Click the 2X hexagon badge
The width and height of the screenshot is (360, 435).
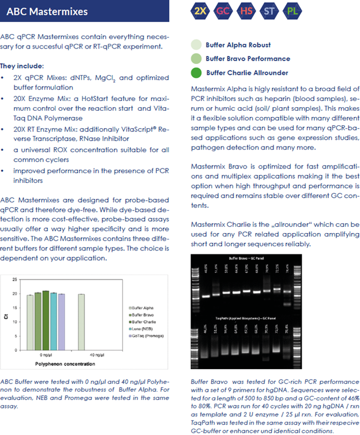coord(201,10)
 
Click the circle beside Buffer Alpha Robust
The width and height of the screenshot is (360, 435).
coord(196,45)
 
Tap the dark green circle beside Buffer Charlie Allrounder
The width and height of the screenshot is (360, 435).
coord(196,73)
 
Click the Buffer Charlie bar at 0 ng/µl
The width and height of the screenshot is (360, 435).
coord(46,321)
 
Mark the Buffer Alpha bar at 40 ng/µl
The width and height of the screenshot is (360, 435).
coord(81,322)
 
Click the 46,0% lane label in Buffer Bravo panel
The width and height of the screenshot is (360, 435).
coord(205,268)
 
